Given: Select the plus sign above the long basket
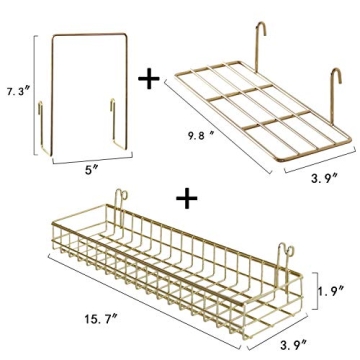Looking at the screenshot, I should pos(184,201).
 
